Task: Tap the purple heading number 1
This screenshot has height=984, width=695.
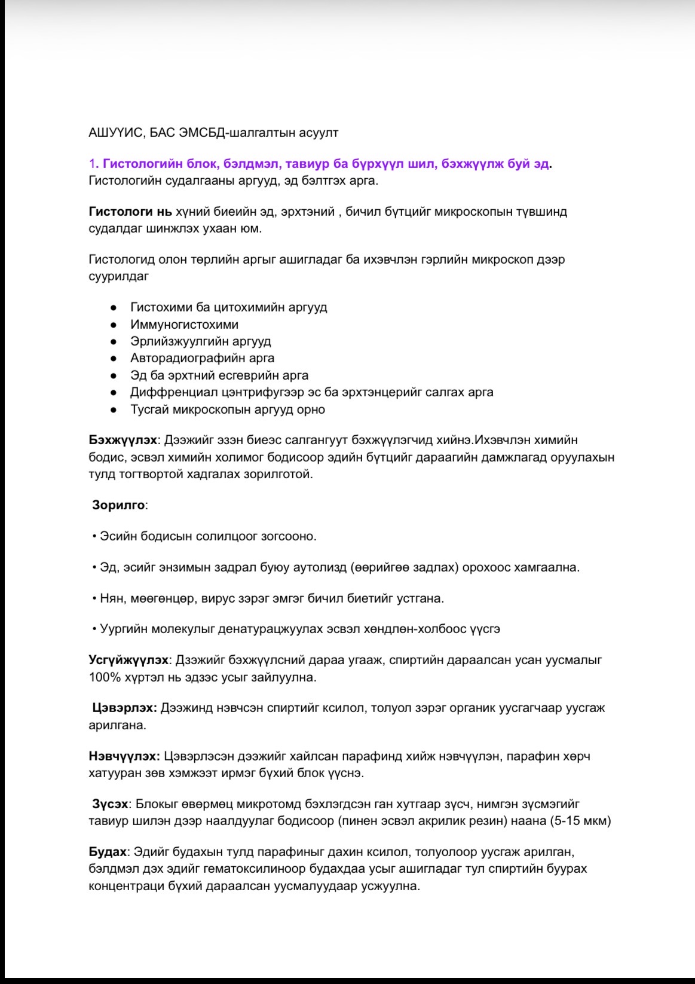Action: pyautogui.click(x=92, y=164)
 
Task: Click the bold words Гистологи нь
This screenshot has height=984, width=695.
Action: pyautogui.click(x=130, y=212)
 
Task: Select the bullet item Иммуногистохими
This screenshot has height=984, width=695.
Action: pyautogui.click(x=184, y=325)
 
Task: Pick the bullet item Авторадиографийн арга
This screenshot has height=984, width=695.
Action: pyautogui.click(x=202, y=358)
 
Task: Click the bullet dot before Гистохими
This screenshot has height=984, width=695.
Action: pyautogui.click(x=113, y=308)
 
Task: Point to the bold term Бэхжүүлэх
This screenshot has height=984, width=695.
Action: pyautogui.click(x=123, y=440)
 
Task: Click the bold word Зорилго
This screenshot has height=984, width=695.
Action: pyautogui.click(x=118, y=505)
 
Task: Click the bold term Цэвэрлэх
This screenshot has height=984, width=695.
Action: pyautogui.click(x=124, y=708)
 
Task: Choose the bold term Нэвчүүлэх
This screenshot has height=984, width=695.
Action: pyautogui.click(x=124, y=756)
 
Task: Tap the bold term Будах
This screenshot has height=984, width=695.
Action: pyautogui.click(x=108, y=851)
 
